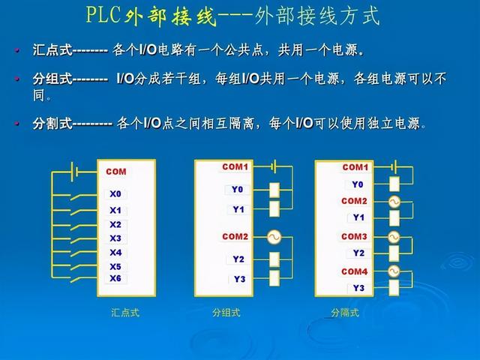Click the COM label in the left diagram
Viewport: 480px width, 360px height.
(116, 172)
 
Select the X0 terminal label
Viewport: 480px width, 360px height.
(115, 193)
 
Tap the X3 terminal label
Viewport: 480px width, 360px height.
(115, 238)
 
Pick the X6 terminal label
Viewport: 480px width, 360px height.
(115, 278)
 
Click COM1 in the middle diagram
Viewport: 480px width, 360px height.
(235, 166)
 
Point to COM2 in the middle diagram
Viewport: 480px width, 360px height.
(235, 236)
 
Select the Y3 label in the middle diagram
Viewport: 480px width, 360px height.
(239, 279)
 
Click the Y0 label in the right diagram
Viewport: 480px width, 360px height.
(358, 184)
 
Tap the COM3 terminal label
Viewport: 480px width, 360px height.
(355, 236)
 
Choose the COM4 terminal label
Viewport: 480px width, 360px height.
(355, 271)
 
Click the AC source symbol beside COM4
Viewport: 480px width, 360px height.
(394, 271)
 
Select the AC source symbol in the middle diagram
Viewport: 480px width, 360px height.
(274, 238)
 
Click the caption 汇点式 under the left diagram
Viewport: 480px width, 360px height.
(125, 313)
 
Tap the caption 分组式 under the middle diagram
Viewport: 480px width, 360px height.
(226, 313)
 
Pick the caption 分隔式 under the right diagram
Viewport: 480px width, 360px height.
(345, 313)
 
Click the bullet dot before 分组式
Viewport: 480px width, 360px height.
(16, 79)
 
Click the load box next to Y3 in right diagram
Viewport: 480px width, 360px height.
(394, 288)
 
